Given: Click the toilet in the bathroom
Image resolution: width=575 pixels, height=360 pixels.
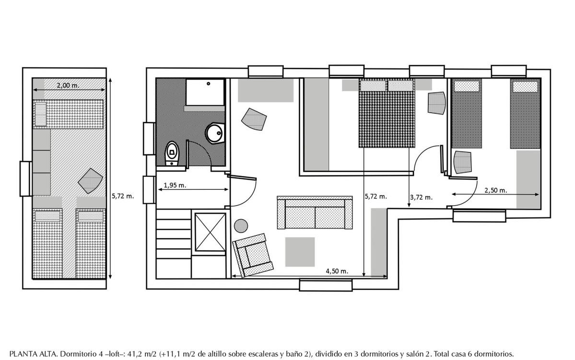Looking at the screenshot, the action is point(172,154).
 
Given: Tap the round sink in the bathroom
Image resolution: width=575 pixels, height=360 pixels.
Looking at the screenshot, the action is point(214,133).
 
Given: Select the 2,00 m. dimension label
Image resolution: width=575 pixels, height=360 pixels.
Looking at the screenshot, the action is point(68,85).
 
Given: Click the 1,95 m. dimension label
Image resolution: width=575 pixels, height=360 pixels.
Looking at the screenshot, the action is point(175,185).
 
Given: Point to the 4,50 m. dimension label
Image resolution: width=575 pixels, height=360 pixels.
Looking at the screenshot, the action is point(337,271).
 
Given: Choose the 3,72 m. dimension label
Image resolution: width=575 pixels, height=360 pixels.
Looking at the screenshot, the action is point(422,197).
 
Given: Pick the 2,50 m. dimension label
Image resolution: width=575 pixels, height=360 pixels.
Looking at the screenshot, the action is point(496,190).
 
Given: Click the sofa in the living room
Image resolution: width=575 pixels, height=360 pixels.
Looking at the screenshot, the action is point(315,213).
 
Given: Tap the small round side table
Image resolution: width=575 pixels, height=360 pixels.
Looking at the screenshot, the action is point(241,225).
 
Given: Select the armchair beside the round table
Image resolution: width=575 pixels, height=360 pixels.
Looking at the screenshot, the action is point(253,255).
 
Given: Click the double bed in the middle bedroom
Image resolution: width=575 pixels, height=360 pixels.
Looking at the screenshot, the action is point(387,113).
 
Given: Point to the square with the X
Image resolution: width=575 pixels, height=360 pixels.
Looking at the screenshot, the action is point(210,232).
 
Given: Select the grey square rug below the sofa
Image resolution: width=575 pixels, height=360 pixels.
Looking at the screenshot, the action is point(300,252).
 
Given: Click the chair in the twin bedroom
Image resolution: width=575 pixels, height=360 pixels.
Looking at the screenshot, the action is point(462,162).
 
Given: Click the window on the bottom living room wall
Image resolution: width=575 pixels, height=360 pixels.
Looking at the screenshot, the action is point(326,285).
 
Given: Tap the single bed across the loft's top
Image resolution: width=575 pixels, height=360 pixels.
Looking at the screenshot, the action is point(68,114).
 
